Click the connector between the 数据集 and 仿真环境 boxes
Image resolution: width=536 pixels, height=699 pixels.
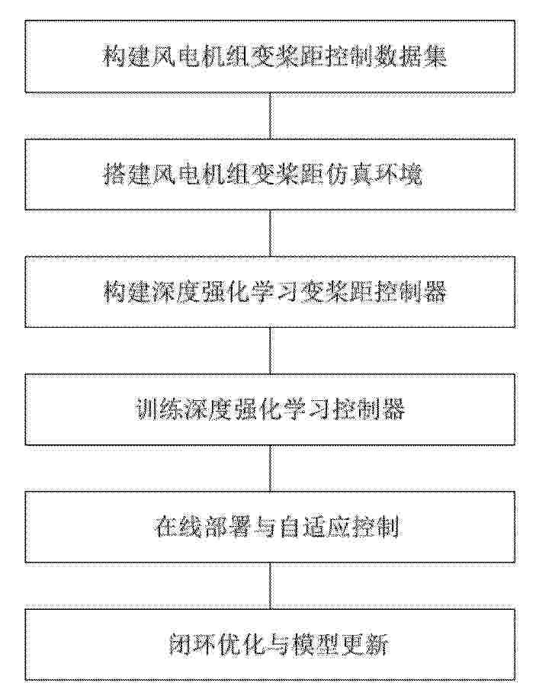pyautogui.click(x=270, y=116)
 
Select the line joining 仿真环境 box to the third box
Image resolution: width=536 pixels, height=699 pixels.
pyautogui.click(x=270, y=233)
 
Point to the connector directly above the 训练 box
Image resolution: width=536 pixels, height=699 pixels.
pyautogui.click(x=270, y=351)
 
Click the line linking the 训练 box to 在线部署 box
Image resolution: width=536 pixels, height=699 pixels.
pyautogui.click(x=270, y=468)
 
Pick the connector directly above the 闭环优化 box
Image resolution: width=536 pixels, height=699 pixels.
pyautogui.click(x=270, y=585)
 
